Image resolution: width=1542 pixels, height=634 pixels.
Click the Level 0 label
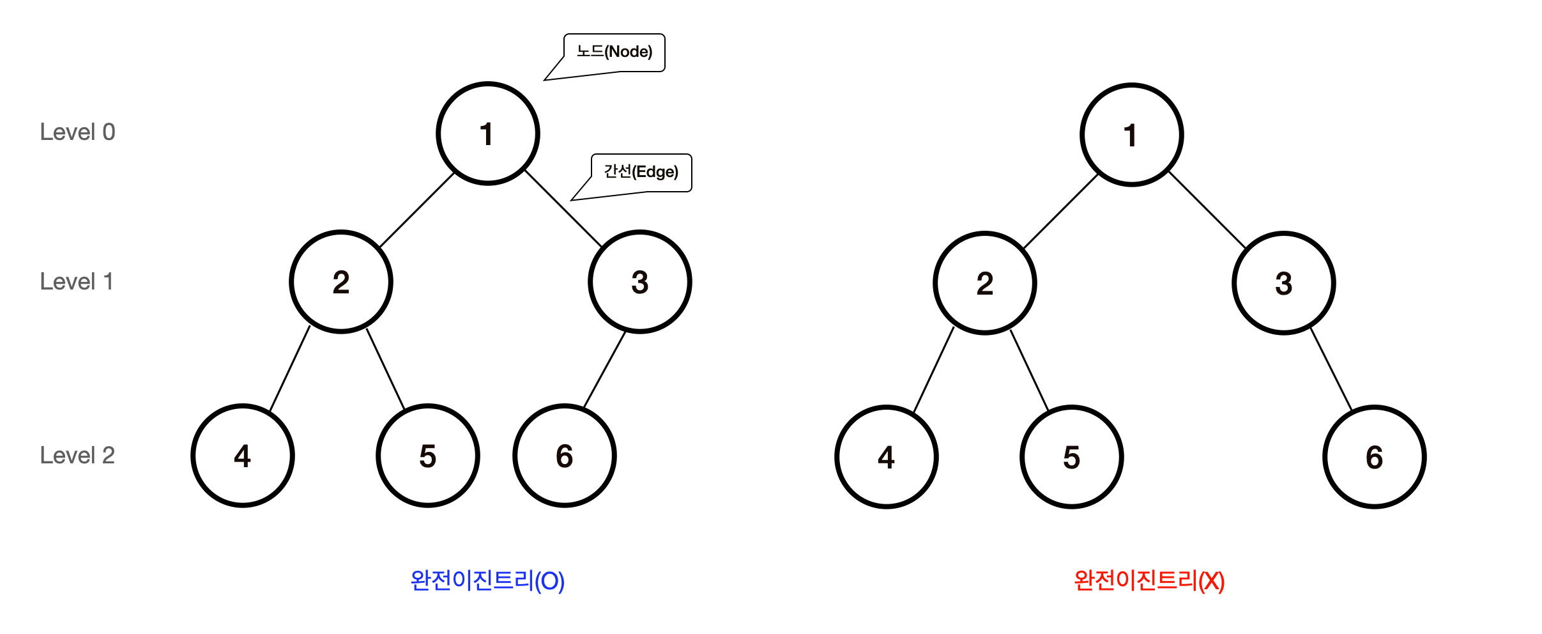click(x=77, y=132)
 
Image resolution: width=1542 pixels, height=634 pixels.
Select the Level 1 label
click(x=77, y=282)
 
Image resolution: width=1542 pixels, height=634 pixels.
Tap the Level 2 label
click(x=77, y=456)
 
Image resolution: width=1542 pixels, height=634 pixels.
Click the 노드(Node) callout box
click(x=614, y=52)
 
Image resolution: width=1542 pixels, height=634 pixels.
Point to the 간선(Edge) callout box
click(x=641, y=173)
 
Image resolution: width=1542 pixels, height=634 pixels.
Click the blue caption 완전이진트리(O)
click(x=487, y=581)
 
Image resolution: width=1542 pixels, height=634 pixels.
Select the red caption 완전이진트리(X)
click(x=1149, y=581)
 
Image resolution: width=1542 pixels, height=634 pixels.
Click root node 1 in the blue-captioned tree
click(x=488, y=134)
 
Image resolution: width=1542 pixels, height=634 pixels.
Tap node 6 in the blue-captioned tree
click(x=564, y=456)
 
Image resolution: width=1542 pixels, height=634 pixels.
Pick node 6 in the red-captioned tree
click(x=1375, y=457)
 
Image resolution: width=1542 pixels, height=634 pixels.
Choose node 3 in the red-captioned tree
click(x=1283, y=283)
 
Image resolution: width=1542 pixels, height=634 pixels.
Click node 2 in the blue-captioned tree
click(x=341, y=282)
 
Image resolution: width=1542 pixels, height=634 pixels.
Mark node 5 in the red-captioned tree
click(x=1071, y=457)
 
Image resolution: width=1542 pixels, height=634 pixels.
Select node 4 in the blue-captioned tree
click(x=243, y=456)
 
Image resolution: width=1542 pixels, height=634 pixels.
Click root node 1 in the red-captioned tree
click(x=1131, y=135)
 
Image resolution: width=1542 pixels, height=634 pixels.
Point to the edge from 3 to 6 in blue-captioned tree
click(x=604, y=369)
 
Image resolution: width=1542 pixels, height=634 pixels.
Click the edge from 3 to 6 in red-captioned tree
click(x=1331, y=369)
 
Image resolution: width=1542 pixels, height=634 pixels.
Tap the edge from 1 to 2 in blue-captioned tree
click(x=417, y=210)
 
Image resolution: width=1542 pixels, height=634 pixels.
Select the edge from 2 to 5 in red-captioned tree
click(x=1029, y=371)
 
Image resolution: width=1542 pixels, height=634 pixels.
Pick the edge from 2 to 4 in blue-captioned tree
click(x=290, y=369)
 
